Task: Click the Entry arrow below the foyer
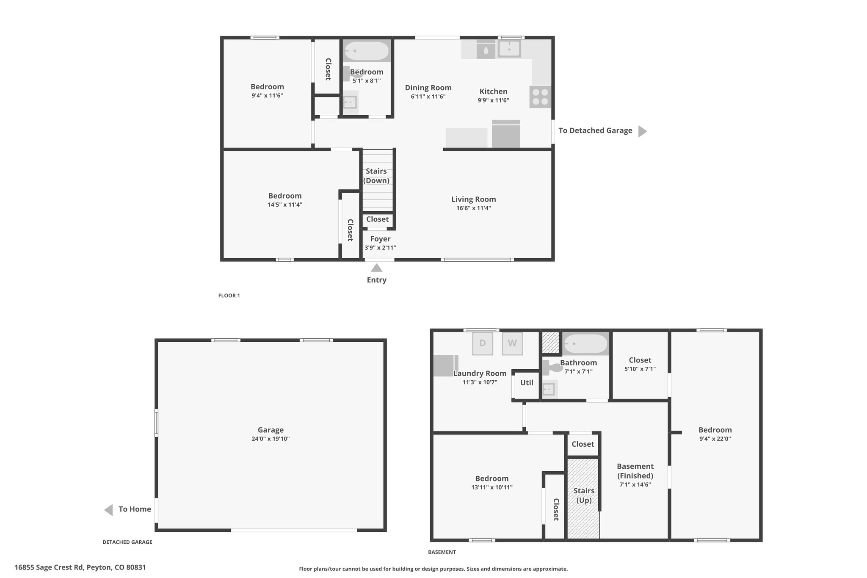pos(377,268)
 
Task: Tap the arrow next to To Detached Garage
pos(642,131)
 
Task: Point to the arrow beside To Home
pos(109,510)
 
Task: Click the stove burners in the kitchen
pos(540,97)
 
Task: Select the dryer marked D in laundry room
pos(483,343)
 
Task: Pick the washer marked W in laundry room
pos(512,343)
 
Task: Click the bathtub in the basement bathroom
pos(586,344)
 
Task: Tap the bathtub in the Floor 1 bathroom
pos(367,52)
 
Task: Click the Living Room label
pos(473,199)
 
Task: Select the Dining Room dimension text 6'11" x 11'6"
pos(428,97)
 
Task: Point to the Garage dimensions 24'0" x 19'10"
pos(271,439)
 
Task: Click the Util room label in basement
pos(527,383)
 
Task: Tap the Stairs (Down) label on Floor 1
pos(376,176)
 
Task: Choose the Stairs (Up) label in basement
pos(584,495)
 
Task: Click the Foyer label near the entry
pos(380,239)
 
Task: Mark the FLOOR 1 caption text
pos(229,296)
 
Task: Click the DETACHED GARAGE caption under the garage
pos(127,542)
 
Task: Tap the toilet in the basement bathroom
pos(552,368)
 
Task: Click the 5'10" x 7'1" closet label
pos(640,369)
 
